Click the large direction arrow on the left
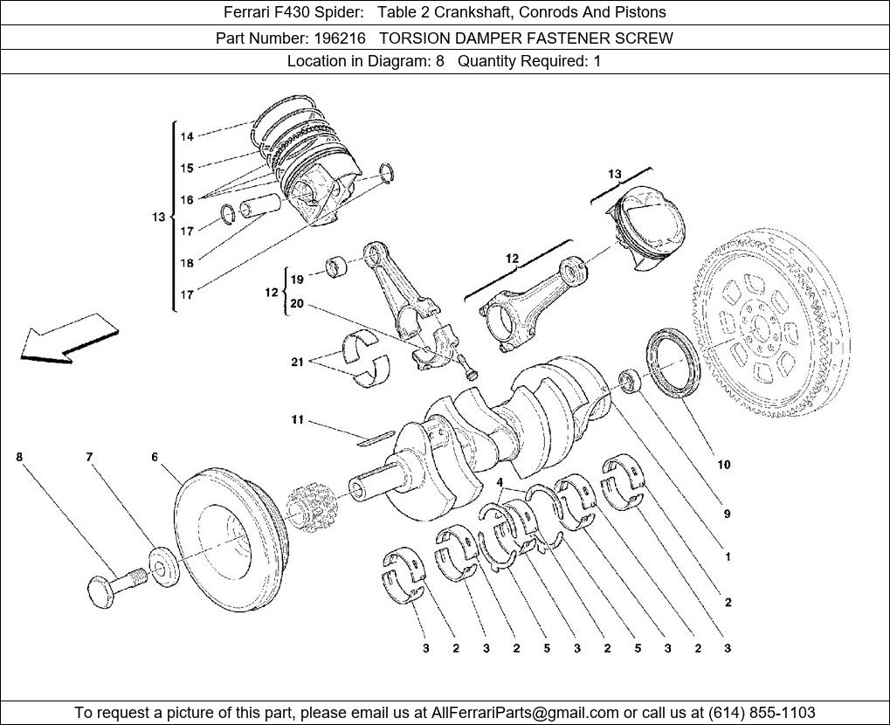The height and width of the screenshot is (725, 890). (66, 342)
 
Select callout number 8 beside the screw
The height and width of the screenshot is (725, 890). (19, 457)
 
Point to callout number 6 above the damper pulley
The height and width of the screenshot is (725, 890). (155, 457)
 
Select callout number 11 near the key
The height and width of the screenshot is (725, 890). (298, 420)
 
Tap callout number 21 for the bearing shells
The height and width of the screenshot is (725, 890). (298, 362)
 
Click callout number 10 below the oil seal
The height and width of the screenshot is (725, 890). (724, 465)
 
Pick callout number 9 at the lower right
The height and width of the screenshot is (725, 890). (726, 514)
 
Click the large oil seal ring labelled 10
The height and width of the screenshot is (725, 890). (673, 360)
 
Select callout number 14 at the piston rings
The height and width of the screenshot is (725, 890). (187, 136)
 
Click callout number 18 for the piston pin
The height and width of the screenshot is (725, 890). (187, 263)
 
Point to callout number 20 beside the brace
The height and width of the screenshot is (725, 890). (297, 304)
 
